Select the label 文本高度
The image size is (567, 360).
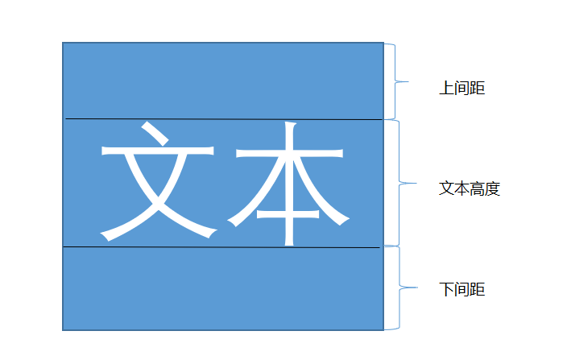[470, 188]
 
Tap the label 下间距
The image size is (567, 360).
[461, 289]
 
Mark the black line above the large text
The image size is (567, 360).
[222, 119]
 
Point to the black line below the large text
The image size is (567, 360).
[222, 247]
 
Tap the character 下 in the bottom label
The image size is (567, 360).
[446, 289]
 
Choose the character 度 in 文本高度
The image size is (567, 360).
[493, 188]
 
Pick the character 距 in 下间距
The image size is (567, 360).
[477, 289]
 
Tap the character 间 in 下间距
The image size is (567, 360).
[461, 289]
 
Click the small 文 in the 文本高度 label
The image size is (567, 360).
[446, 188]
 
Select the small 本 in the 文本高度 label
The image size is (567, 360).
[461, 188]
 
